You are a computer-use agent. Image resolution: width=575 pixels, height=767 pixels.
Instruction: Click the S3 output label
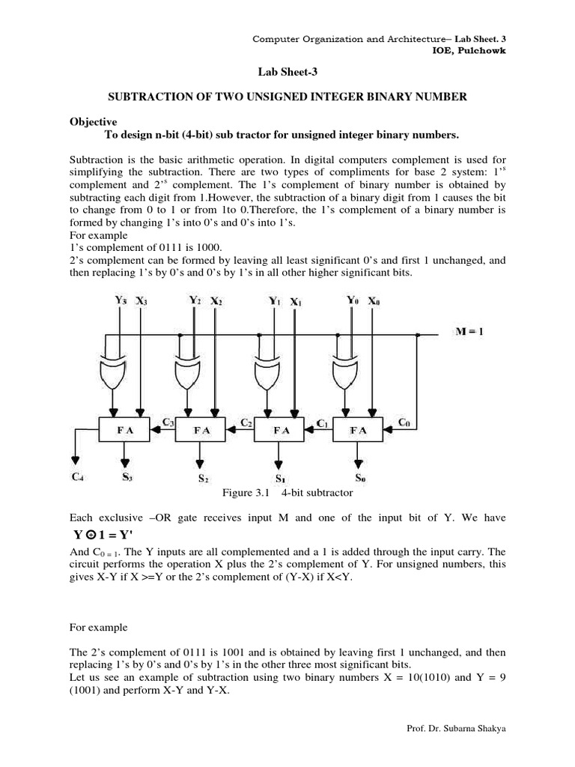(127, 474)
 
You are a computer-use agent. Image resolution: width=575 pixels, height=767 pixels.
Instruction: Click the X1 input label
(296, 303)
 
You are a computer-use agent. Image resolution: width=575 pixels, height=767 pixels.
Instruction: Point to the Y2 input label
(195, 300)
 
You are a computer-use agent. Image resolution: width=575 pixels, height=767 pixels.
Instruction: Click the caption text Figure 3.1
(247, 492)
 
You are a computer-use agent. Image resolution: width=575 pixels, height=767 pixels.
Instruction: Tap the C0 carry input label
(404, 422)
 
